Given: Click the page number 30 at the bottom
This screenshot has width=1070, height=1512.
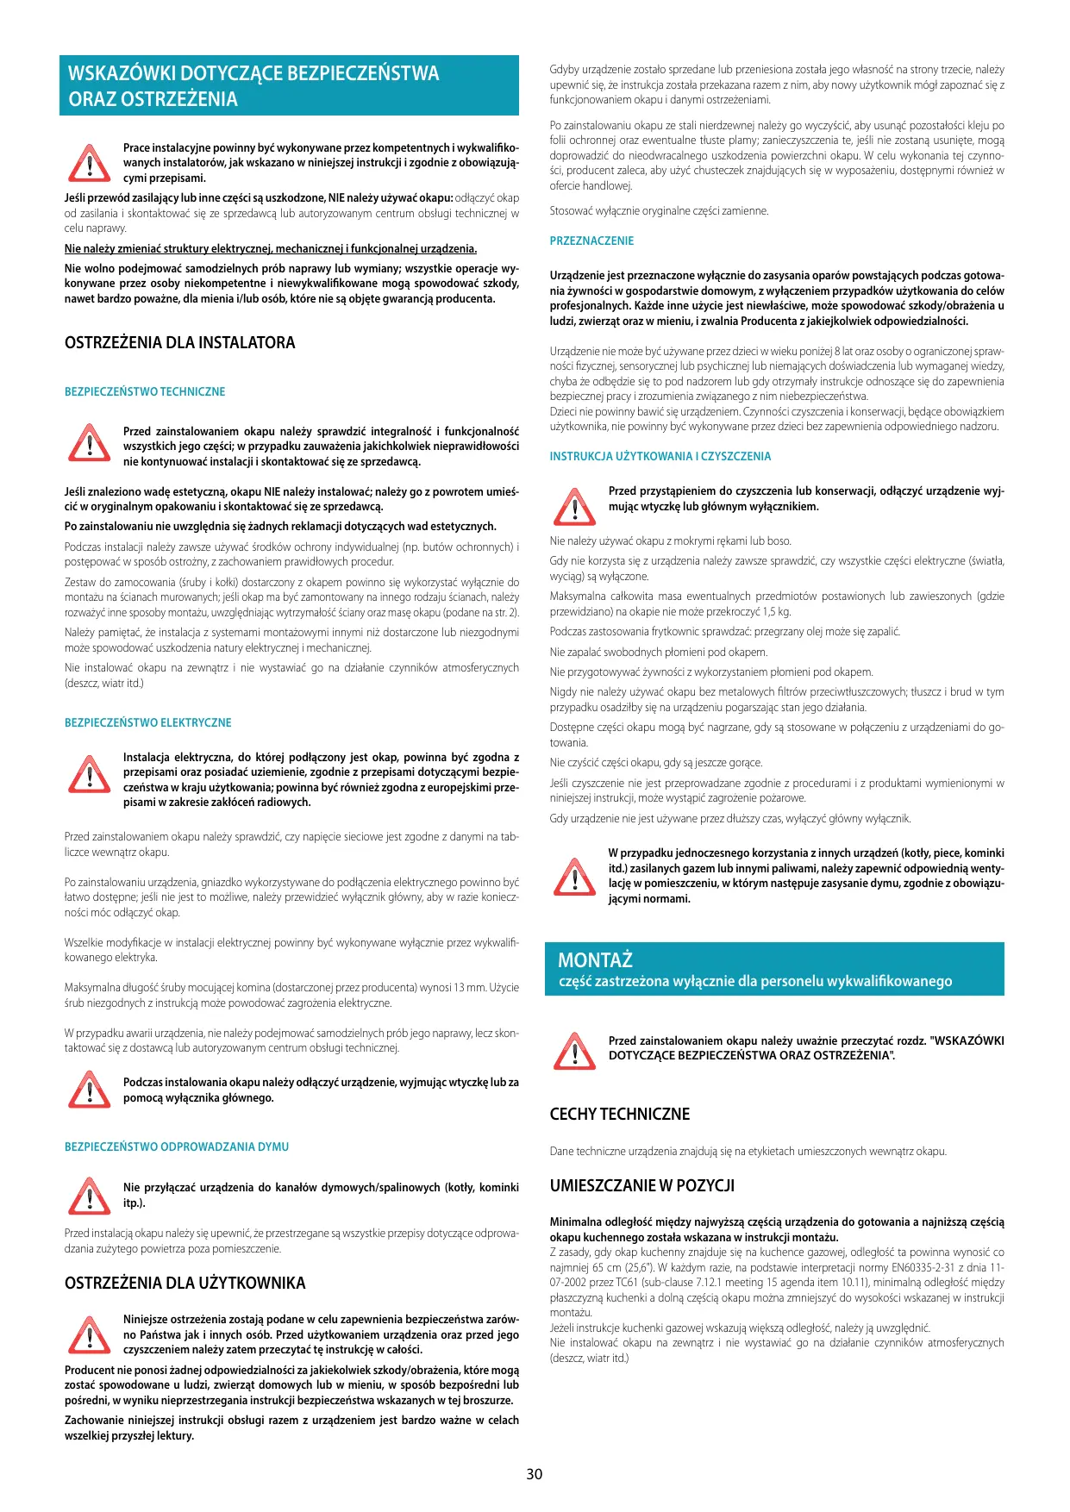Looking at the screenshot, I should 535,1473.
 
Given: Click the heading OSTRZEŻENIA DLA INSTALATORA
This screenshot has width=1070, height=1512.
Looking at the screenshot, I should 179,343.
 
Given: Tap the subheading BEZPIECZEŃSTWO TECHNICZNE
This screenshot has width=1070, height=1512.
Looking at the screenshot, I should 145,391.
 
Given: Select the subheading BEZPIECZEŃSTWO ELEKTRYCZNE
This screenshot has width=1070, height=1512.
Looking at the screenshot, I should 148,722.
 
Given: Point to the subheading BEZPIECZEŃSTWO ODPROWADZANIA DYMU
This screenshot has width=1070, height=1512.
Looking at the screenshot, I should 177,1146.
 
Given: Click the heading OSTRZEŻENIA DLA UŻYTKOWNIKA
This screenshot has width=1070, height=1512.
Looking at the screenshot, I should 185,1283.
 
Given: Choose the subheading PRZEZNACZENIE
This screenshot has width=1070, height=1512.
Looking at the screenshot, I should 591,241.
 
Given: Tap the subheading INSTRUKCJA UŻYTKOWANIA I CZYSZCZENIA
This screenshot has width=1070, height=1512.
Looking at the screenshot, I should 660,456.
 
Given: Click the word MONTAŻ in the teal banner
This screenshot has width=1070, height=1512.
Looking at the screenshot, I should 595,959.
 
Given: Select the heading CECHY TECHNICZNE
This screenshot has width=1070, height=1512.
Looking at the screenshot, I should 619,1114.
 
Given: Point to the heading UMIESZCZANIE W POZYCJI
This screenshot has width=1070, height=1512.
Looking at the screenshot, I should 641,1185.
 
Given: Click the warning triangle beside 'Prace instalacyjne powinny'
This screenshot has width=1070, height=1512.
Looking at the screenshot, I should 89,163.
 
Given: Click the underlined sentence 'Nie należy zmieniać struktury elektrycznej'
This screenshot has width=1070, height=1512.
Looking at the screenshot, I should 271,249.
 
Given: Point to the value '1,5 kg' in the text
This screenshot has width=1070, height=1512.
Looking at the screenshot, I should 775,611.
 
